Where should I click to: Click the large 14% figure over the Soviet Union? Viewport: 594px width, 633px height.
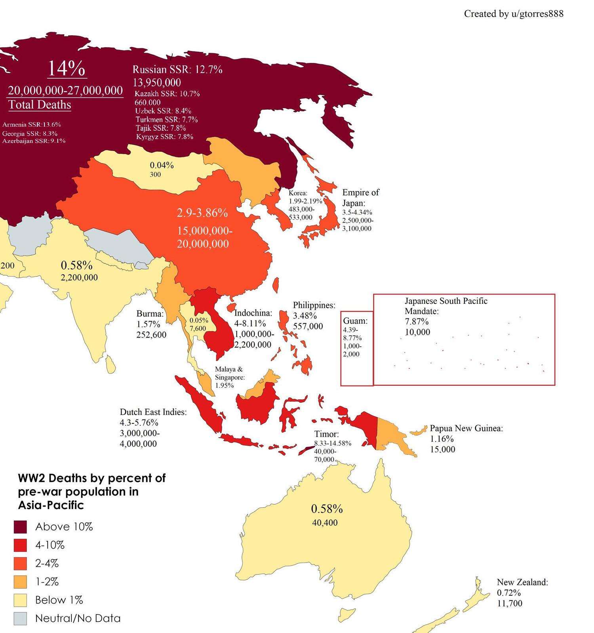tap(66, 69)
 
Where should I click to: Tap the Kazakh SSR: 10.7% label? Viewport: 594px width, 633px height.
tap(167, 94)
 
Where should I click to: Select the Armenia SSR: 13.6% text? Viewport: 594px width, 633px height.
tap(32, 124)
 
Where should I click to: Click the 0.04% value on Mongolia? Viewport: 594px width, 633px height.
tap(162, 165)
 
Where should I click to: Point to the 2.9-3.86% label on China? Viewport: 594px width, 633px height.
tap(202, 213)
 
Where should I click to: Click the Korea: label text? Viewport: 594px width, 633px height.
tap(298, 193)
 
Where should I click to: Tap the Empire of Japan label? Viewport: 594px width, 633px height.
tap(360, 197)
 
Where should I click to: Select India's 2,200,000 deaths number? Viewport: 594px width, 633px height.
tap(79, 277)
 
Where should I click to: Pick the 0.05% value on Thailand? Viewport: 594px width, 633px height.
tap(199, 320)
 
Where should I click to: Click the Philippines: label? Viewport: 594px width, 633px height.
tap(314, 305)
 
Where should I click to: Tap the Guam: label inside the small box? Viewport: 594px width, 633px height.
tap(355, 321)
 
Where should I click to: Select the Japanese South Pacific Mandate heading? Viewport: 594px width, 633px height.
tap(445, 306)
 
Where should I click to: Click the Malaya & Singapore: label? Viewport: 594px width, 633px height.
tap(229, 373)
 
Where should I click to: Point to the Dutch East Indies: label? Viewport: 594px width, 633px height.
tap(153, 412)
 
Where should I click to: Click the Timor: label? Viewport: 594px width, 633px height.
tap(326, 434)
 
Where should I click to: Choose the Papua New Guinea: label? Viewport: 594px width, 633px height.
tap(466, 428)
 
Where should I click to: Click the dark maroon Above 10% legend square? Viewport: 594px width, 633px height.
tap(20, 527)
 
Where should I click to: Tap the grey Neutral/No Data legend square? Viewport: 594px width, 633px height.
tap(20, 618)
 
